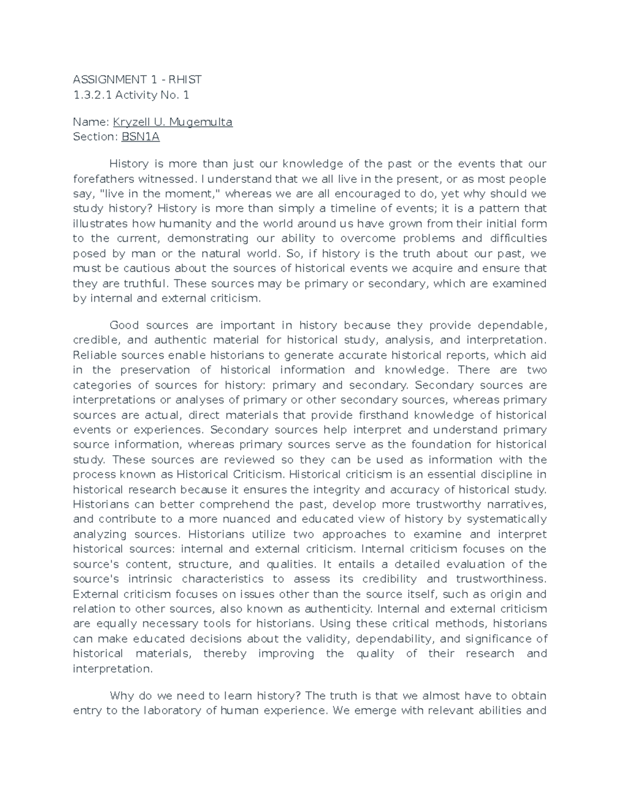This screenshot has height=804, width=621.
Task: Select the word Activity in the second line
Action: pos(136,94)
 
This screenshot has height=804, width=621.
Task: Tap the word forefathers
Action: pos(103,179)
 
